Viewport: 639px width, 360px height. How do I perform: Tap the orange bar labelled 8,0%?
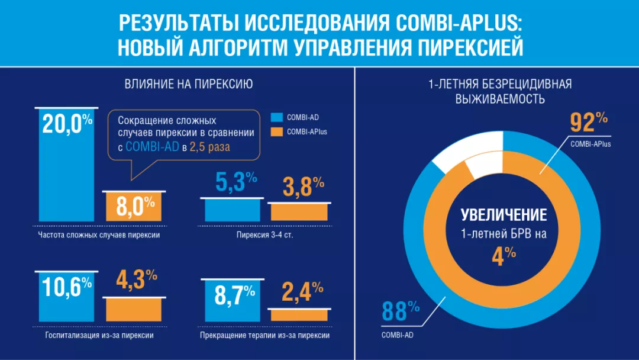click(134, 207)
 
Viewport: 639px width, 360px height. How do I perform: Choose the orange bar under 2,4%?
click(299, 315)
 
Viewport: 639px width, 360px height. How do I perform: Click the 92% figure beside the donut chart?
click(588, 123)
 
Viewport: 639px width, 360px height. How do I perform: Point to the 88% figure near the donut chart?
click(400, 311)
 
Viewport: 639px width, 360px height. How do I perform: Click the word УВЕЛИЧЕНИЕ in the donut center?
click(504, 214)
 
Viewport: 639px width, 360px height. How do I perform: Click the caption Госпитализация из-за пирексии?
click(99, 335)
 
